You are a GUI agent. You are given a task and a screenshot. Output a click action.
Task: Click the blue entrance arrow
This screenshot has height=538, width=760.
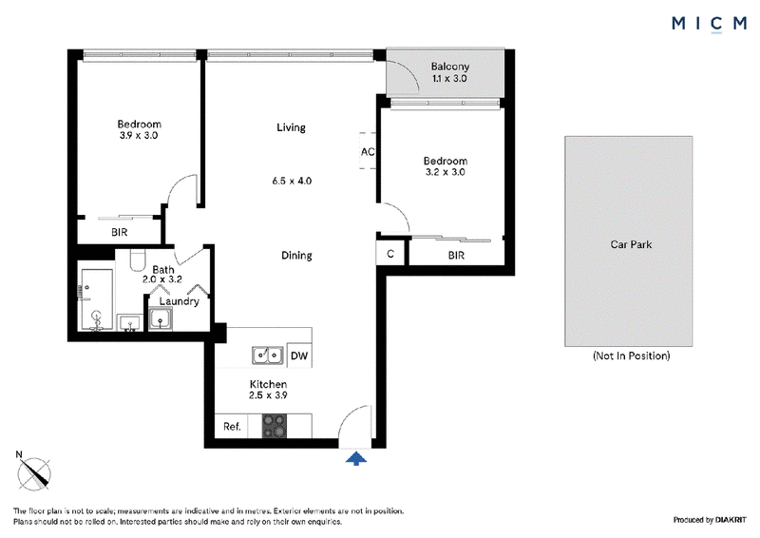pos(356,458)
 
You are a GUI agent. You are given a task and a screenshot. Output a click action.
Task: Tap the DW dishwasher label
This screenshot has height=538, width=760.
pos(299,355)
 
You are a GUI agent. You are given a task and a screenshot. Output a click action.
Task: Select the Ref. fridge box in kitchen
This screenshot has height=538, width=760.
pos(231,427)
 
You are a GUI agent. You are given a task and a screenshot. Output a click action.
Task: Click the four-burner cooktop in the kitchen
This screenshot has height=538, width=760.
pos(275,427)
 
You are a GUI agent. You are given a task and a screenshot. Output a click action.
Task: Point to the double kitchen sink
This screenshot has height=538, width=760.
pos(268,355)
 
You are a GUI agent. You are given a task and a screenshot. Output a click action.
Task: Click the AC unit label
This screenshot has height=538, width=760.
pos(368,152)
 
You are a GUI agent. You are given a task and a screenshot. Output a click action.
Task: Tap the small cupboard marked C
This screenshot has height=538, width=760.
pos(390,254)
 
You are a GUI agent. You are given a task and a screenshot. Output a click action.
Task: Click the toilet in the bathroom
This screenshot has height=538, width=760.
pos(138,260)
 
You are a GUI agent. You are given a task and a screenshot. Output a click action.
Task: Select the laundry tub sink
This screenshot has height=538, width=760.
pos(160,318)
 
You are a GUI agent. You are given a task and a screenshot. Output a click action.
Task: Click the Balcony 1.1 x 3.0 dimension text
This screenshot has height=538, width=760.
pos(449,78)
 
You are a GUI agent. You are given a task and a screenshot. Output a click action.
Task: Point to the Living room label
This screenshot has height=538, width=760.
pos(291,127)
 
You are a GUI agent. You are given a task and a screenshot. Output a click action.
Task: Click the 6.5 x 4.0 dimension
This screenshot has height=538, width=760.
pos(292,181)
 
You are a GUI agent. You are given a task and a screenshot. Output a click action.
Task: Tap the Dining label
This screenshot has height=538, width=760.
pos(296,255)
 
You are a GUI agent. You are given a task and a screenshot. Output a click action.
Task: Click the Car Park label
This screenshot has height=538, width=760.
pos(631,244)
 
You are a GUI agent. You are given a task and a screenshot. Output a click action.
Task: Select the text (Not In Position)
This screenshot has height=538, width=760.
pos(631,355)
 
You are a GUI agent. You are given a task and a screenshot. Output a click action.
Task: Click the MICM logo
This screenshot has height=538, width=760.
pos(709,24)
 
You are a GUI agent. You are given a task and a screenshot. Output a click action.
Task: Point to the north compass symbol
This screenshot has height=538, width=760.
pos(34,472)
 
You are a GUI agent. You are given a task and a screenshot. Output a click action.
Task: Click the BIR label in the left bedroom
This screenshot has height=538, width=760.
pos(120,232)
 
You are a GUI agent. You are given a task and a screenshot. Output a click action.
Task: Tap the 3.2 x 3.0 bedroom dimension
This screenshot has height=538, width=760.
pos(445,172)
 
